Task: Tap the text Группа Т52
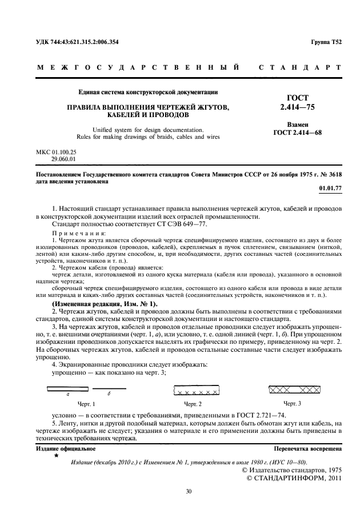click(326, 43)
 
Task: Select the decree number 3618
click(334, 174)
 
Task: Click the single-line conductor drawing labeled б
click(109, 389)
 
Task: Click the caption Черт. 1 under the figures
click(86, 404)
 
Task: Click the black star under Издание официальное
click(56, 456)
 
